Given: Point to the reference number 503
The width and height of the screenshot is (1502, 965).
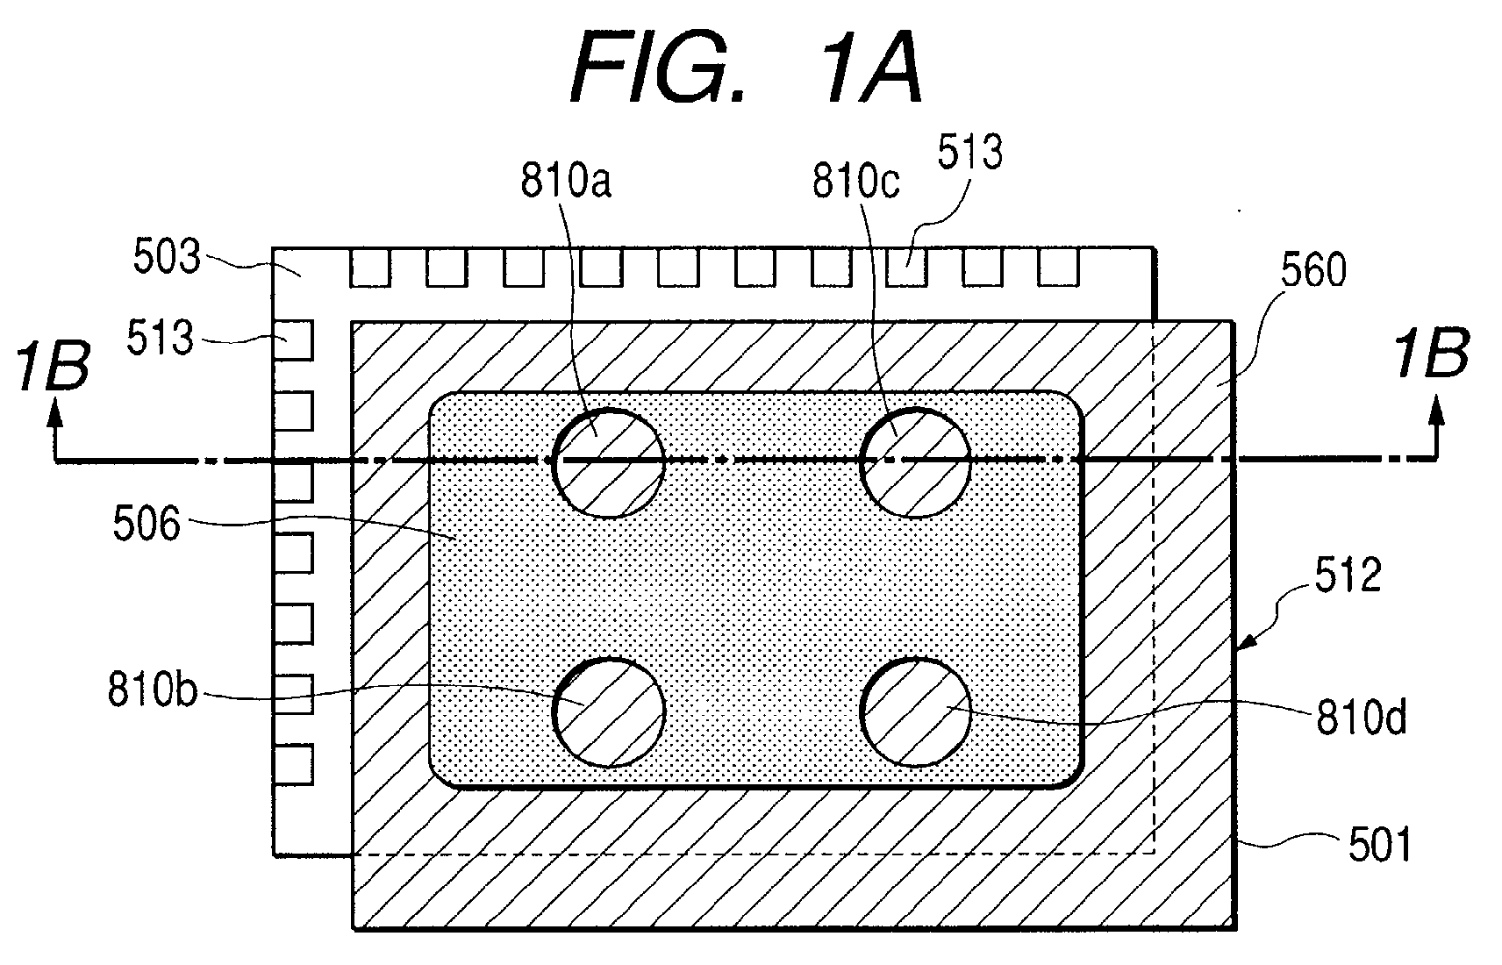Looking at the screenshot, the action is [167, 256].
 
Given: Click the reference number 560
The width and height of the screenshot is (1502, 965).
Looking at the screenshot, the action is [1312, 269].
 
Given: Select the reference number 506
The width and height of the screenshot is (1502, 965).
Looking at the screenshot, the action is [147, 524].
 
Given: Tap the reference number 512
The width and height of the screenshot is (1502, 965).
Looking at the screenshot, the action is [1348, 575].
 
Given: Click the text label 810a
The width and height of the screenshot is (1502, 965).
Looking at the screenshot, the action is [566, 181].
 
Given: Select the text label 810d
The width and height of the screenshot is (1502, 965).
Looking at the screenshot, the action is [1362, 718].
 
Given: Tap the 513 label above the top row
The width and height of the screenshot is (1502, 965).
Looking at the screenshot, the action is [969, 153].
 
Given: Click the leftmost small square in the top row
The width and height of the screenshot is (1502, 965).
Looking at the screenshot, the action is [370, 268].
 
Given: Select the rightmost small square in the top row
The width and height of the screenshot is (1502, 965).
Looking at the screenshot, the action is [1058, 268].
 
